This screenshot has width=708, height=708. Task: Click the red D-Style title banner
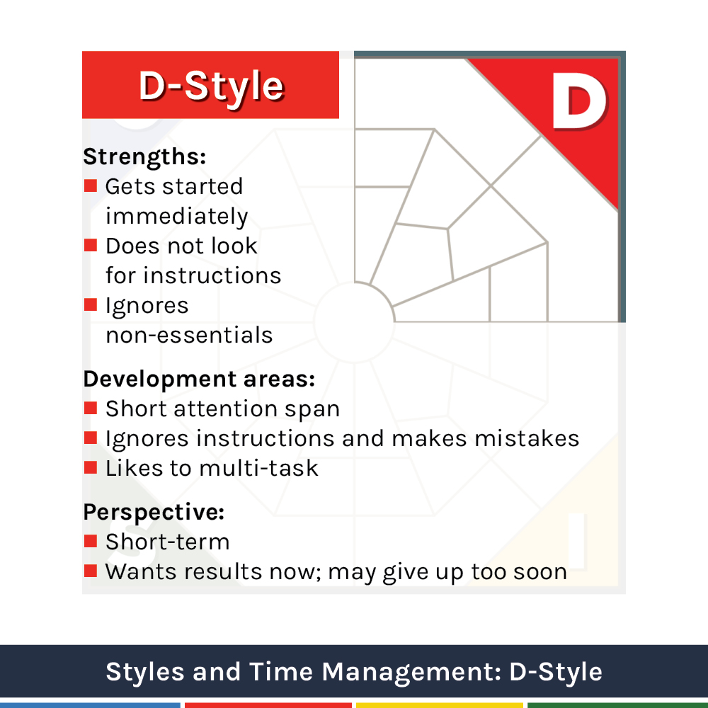(x=210, y=85)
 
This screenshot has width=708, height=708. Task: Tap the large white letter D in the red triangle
(x=579, y=101)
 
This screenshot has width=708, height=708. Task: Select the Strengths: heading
(x=144, y=157)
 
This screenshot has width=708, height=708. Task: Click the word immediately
(x=176, y=216)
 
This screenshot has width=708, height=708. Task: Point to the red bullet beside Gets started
(x=91, y=185)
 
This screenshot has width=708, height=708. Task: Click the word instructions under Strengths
(x=212, y=275)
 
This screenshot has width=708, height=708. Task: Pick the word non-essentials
(x=189, y=335)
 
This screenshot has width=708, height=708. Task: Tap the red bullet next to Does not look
(x=91, y=245)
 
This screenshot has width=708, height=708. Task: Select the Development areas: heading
(x=199, y=379)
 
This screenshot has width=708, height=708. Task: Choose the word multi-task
(x=258, y=468)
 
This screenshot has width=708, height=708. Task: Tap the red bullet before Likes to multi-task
(x=91, y=467)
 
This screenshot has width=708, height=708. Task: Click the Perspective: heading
(x=154, y=513)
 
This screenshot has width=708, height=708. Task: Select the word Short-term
(x=168, y=542)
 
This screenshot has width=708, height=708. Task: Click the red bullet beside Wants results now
(x=91, y=571)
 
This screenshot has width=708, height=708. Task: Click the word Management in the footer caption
(x=411, y=673)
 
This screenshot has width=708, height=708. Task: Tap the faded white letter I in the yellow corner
(x=577, y=542)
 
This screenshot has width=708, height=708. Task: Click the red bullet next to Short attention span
(x=91, y=409)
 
